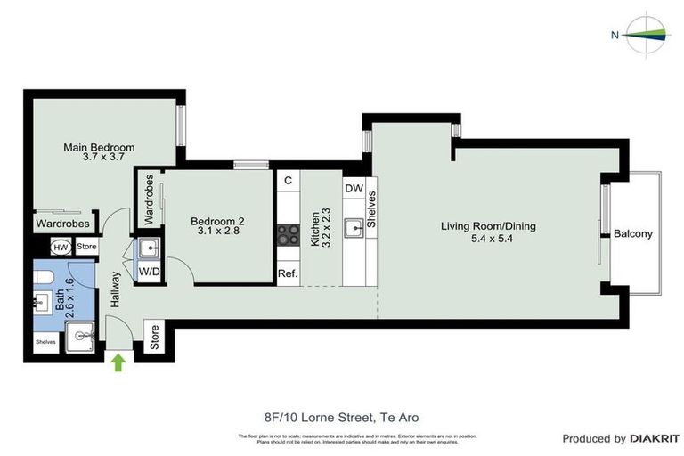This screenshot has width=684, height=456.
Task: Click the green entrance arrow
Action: click(x=118, y=360)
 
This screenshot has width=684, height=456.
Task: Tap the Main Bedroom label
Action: click(x=98, y=152)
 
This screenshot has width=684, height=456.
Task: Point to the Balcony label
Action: click(x=633, y=234)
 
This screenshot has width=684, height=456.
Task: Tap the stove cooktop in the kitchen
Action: click(x=288, y=234)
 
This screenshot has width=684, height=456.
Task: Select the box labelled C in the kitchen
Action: click(x=288, y=181)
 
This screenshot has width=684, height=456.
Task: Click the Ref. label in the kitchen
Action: click(x=288, y=273)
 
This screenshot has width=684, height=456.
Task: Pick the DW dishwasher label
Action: click(x=354, y=189)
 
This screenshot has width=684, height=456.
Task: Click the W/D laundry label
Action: click(x=148, y=272)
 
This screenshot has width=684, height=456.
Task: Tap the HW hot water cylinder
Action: click(x=61, y=247)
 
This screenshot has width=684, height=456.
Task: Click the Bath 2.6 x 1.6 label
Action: click(x=64, y=298)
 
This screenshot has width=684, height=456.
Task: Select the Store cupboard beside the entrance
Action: click(x=153, y=337)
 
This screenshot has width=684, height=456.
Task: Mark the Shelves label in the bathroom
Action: click(x=45, y=341)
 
